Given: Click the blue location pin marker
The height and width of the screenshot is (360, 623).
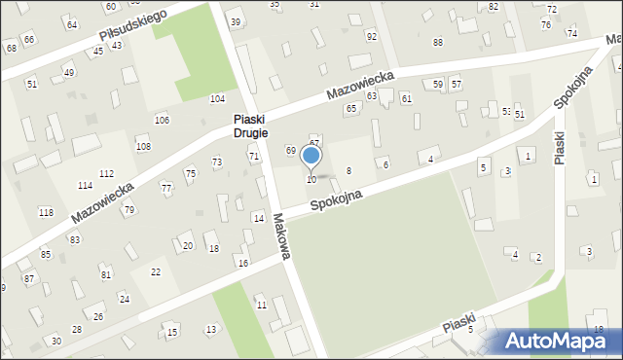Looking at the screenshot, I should (x=311, y=157).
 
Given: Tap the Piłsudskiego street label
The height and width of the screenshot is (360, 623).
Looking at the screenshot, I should (x=132, y=26).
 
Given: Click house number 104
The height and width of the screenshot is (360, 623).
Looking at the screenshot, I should (x=217, y=99).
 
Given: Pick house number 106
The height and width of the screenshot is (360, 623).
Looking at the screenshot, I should (x=162, y=120).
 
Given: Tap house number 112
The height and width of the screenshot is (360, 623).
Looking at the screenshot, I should (x=106, y=173).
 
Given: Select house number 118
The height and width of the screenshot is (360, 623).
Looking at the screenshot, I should (x=46, y=212).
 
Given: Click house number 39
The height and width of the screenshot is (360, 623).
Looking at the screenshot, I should (x=236, y=21).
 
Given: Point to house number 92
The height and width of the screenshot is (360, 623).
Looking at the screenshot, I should (x=371, y=36).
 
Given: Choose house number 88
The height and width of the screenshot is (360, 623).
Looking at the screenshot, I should (x=437, y=42).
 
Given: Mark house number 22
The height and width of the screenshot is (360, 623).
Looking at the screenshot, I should (x=155, y=271).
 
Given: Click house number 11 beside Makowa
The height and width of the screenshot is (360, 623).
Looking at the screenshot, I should (x=261, y=305).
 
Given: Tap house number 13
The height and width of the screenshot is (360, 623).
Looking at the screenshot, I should (x=211, y=330).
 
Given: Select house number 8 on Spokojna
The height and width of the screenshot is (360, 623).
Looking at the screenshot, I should (x=348, y=170).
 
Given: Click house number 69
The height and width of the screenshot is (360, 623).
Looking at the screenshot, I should (x=290, y=150).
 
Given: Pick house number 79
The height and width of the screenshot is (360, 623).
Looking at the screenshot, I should (x=128, y=210).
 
